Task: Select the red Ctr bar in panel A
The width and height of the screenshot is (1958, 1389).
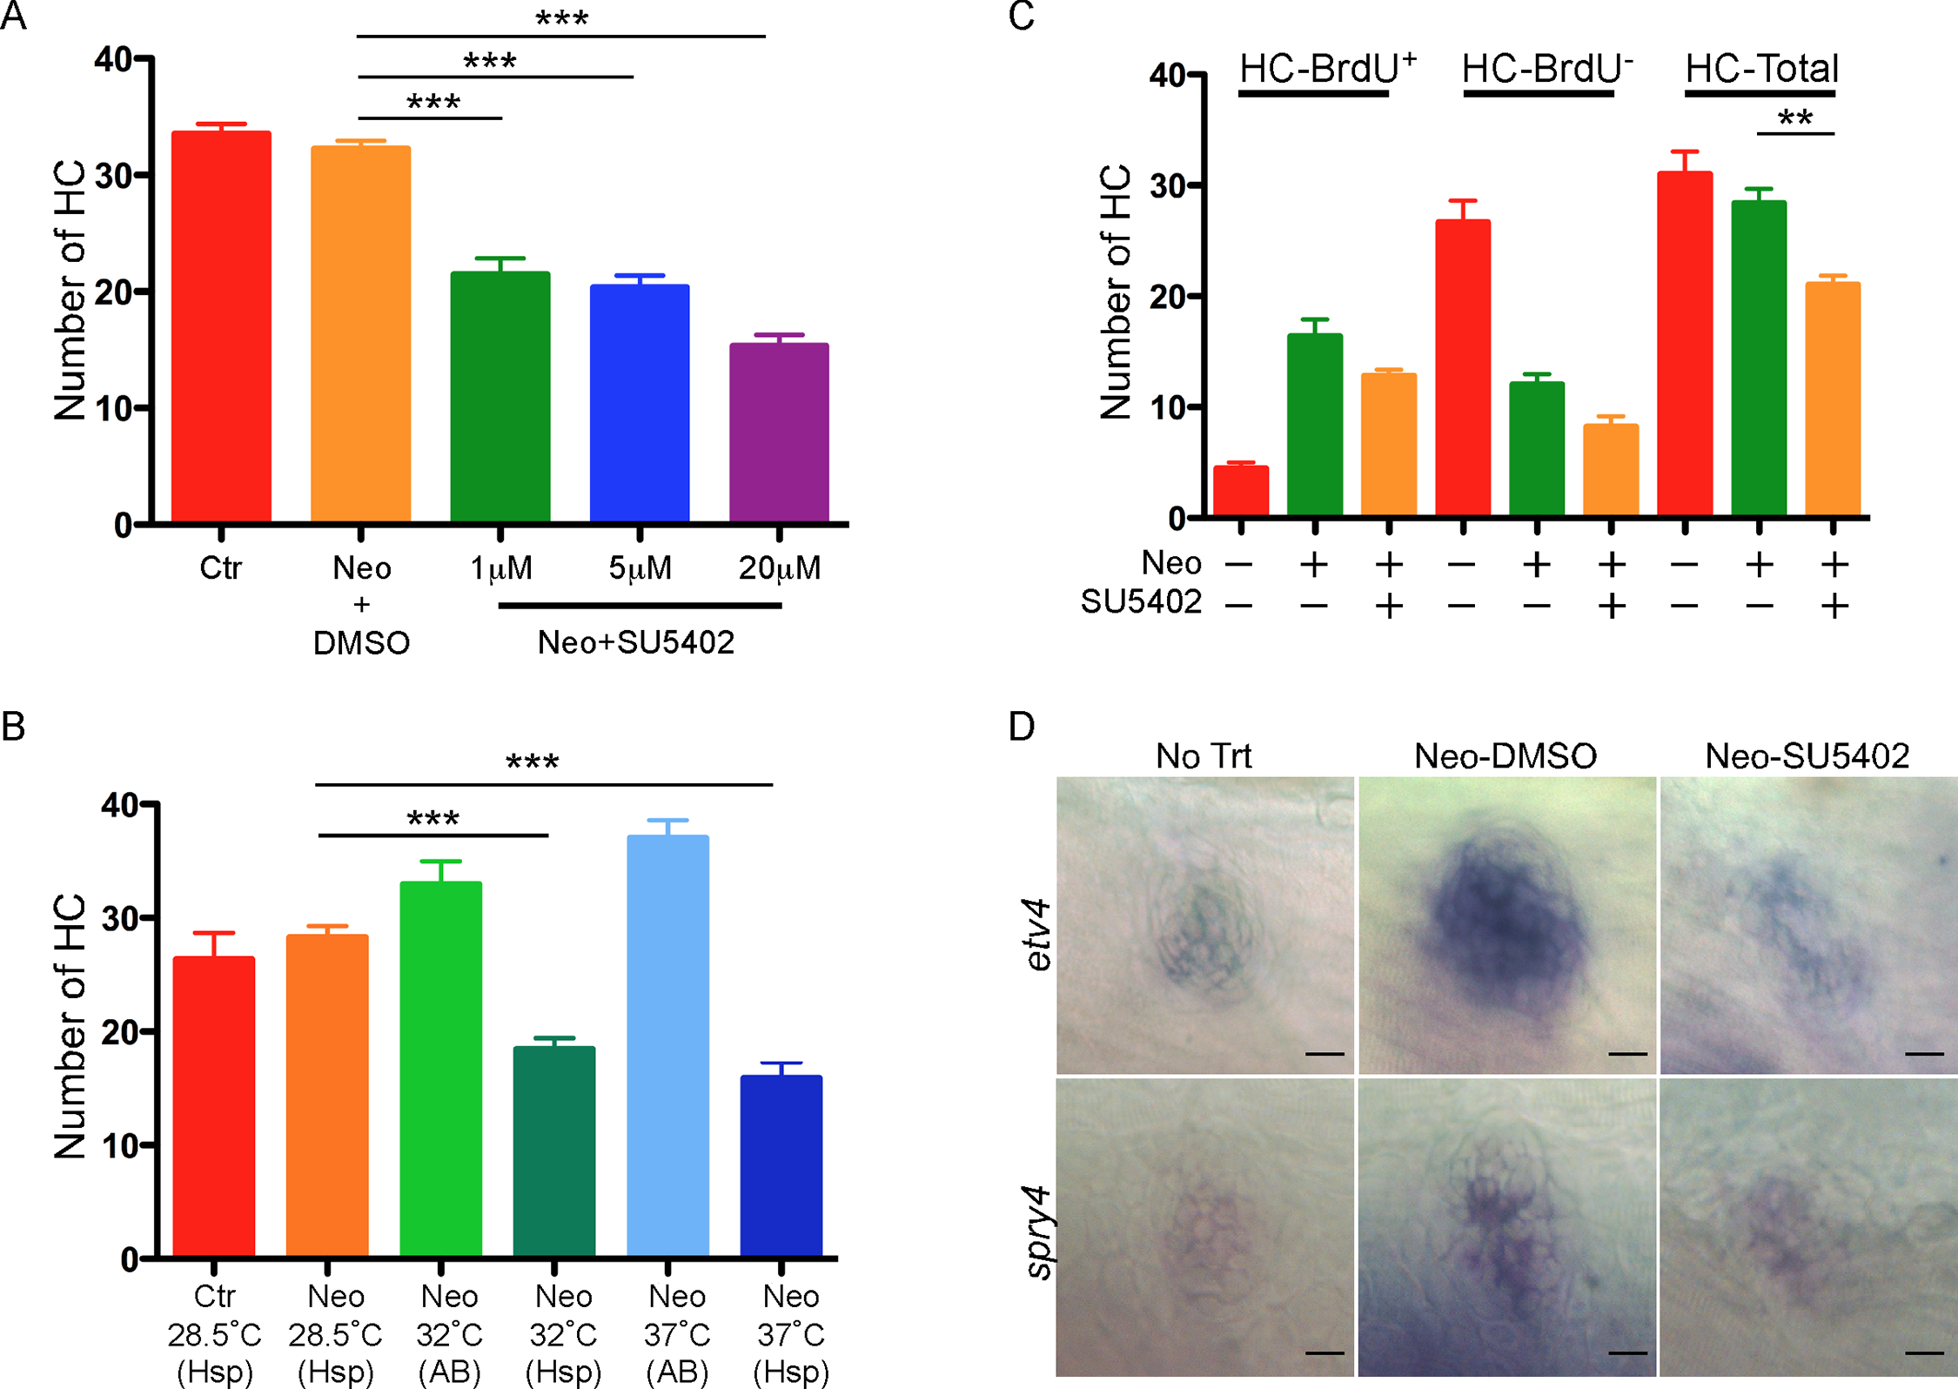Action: [221, 326]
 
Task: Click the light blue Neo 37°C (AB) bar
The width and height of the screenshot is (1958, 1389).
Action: [667, 1045]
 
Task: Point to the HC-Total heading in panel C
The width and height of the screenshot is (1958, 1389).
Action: [1761, 69]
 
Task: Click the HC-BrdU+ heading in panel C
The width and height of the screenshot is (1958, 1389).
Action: [1327, 68]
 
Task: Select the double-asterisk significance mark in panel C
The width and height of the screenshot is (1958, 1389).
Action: [1795, 117]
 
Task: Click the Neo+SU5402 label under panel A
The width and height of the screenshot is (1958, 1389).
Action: [636, 642]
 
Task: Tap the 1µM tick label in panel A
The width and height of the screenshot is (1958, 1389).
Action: [500, 568]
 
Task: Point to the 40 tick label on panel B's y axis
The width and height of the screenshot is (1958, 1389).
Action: [119, 805]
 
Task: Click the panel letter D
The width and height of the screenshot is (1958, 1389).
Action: [1022, 726]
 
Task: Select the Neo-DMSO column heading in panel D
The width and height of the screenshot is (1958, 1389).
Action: [1505, 755]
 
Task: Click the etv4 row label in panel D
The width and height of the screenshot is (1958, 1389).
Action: [1037, 935]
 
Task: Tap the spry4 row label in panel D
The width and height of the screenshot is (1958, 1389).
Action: [1037, 1231]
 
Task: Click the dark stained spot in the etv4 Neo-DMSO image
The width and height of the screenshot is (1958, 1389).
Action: [1505, 923]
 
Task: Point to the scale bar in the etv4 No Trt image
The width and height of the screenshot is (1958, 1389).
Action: [1324, 1054]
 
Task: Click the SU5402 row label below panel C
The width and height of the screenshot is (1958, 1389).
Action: [1141, 601]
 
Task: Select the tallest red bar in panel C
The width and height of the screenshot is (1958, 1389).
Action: [1685, 344]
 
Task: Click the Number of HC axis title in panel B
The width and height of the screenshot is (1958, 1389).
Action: [70, 1027]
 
